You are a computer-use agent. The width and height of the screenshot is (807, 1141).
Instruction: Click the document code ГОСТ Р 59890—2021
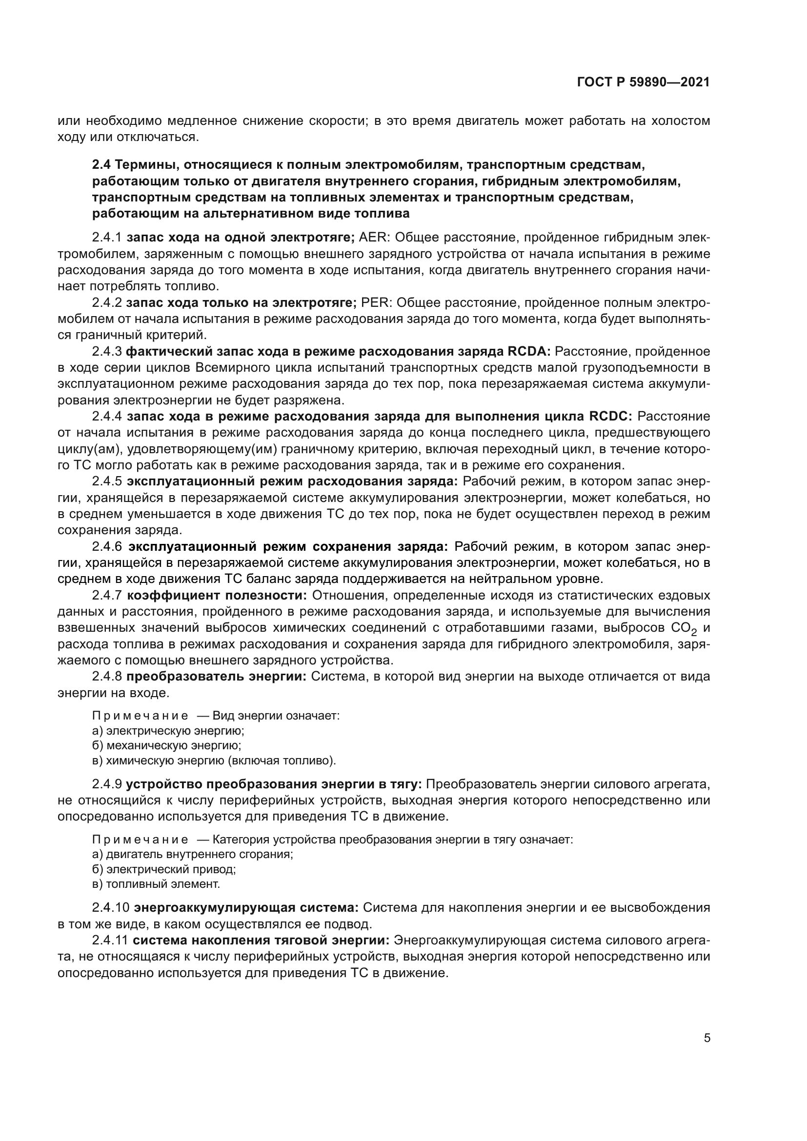click(643, 82)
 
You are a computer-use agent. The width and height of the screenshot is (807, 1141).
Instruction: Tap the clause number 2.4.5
click(107, 481)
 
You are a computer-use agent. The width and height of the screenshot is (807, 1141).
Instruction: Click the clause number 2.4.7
click(107, 595)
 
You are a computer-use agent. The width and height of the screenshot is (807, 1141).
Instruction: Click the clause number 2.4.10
click(111, 908)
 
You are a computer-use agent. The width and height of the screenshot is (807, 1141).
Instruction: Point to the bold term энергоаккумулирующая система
click(246, 908)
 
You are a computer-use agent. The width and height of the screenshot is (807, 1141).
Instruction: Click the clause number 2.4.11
click(110, 941)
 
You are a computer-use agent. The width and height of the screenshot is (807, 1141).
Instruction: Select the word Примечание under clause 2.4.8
click(140, 716)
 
